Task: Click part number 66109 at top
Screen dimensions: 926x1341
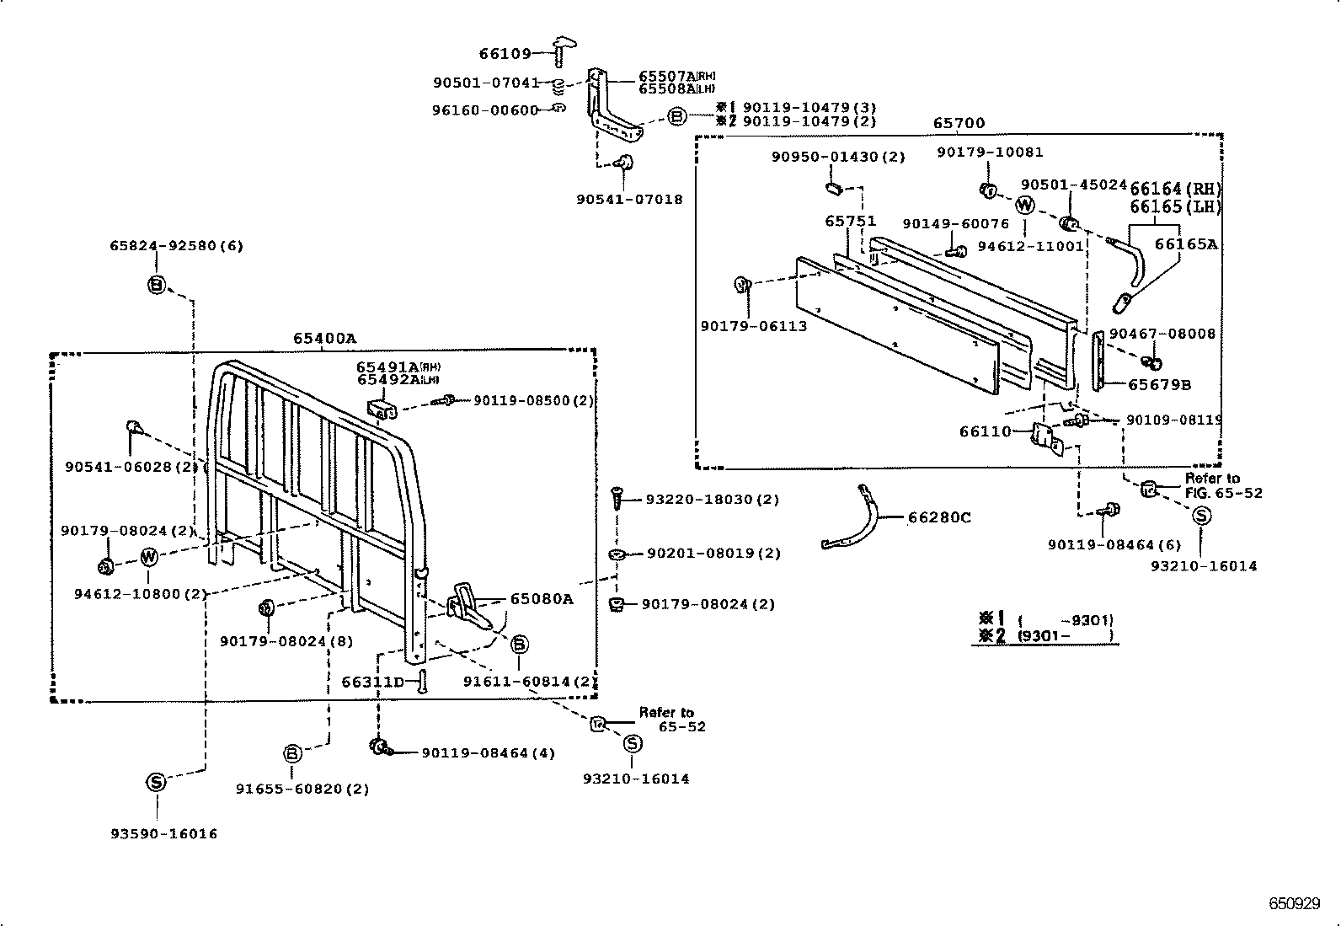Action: click(x=505, y=54)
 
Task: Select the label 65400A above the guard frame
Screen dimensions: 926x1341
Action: click(x=324, y=338)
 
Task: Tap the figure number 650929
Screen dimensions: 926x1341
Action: click(x=1294, y=903)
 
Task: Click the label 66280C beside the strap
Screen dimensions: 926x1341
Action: click(x=938, y=517)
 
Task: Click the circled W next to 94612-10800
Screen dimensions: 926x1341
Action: click(x=148, y=556)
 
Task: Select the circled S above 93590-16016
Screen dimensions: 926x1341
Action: click(x=156, y=782)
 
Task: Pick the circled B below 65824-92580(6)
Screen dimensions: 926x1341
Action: click(x=157, y=286)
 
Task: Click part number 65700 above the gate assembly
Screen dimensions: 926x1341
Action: click(x=959, y=123)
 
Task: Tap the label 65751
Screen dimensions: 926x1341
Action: click(x=850, y=221)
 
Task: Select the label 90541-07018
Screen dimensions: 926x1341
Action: click(x=629, y=200)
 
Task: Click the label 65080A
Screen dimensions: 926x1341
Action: click(x=541, y=599)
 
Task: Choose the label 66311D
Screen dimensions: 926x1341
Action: click(x=372, y=681)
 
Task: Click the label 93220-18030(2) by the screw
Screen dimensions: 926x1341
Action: click(x=712, y=499)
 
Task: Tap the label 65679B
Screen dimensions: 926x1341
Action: click(x=1159, y=384)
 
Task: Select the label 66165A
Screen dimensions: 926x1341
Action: click(x=1185, y=244)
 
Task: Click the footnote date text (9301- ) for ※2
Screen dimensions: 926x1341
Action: click(x=1065, y=636)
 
